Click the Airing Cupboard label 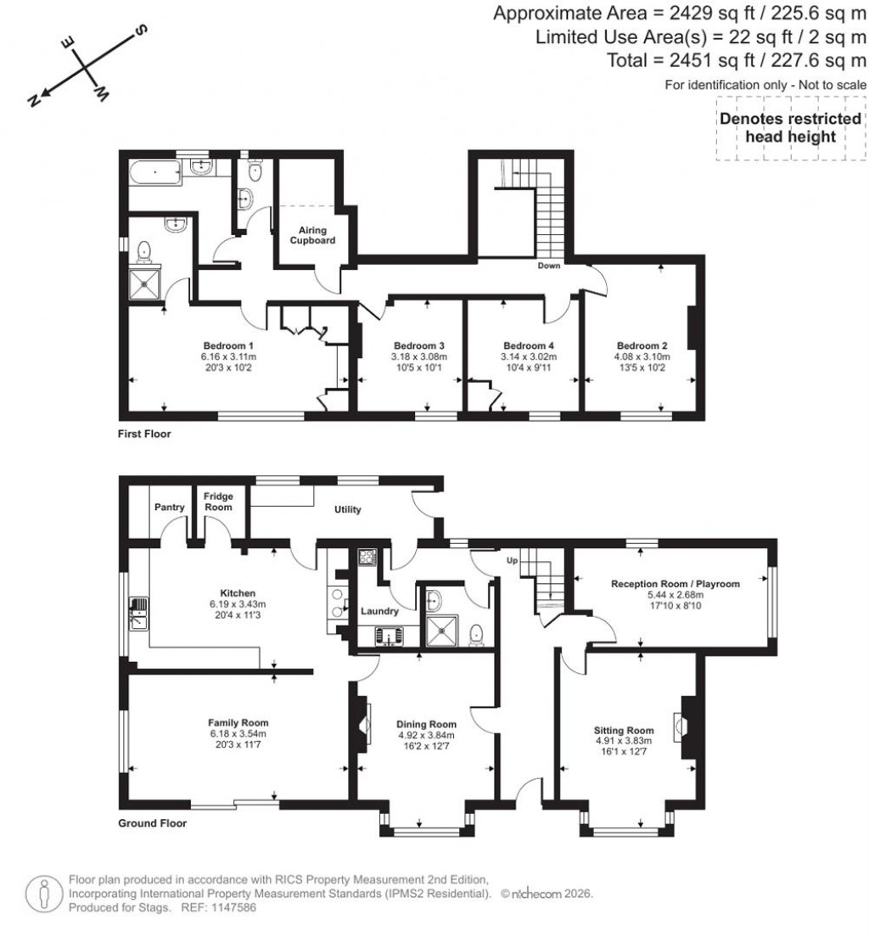tap(315, 235)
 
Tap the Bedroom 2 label tap(642, 345)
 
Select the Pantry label tap(170, 508)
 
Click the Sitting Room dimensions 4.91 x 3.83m tap(624, 740)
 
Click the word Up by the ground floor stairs tap(511, 561)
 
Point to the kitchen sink tap(137, 614)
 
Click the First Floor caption tap(144, 434)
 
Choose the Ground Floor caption tap(152, 822)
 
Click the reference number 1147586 tap(222, 907)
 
